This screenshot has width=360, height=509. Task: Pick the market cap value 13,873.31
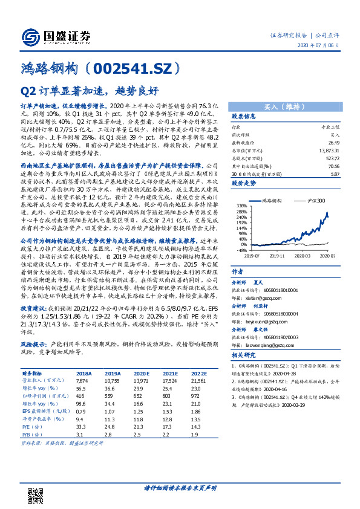pos(327,149)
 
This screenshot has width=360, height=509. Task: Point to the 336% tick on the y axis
pos(240,206)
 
